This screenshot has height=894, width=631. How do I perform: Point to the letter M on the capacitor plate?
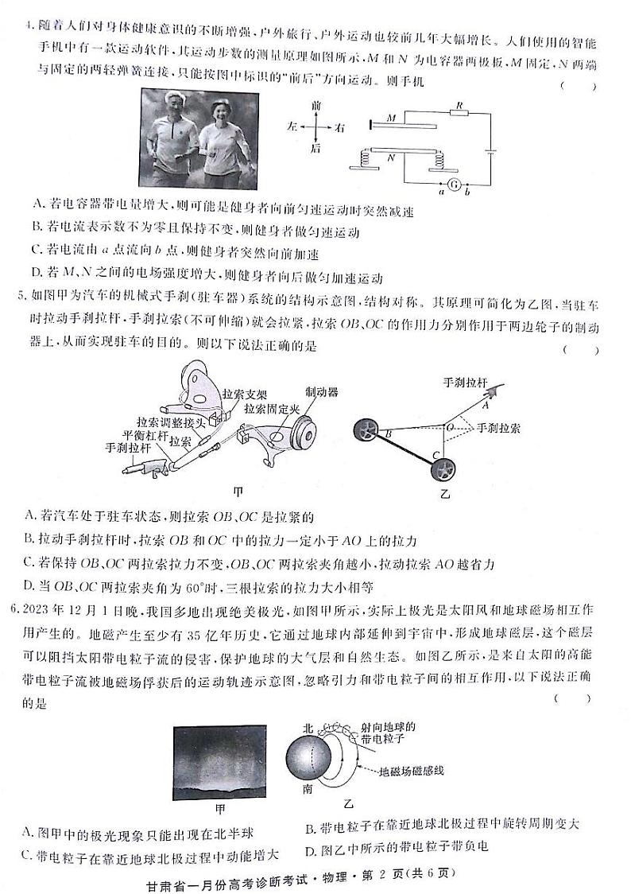tap(391, 118)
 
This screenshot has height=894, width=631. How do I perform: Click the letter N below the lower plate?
tap(391, 158)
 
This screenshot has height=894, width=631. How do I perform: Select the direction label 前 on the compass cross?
tap(316, 104)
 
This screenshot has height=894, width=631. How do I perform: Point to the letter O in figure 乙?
tap(450, 426)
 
